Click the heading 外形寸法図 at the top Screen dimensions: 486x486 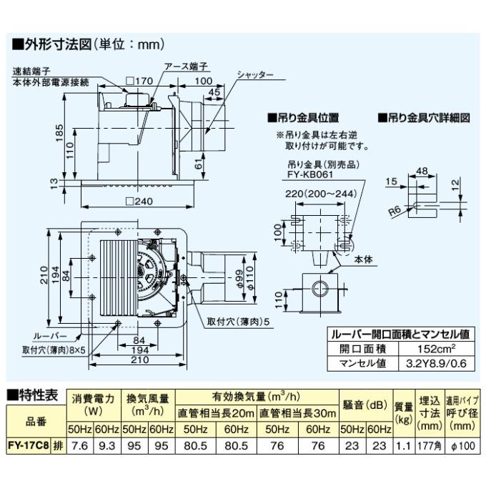pos(89,44)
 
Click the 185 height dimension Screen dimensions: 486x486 pos(60,133)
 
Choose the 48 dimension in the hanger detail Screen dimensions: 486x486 pos(422,171)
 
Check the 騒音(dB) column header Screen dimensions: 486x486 pos(364,405)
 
